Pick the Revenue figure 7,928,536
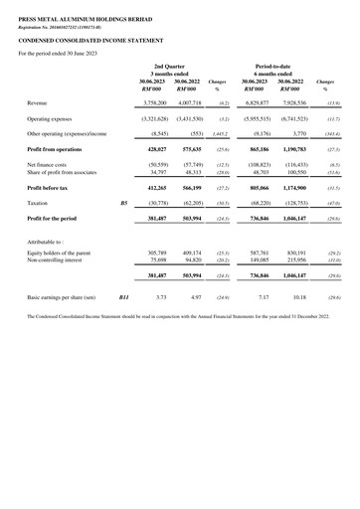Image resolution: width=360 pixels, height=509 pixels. pos(289,102)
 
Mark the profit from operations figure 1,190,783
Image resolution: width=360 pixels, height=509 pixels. pos(289,147)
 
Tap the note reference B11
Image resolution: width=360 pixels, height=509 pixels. pos(124,296)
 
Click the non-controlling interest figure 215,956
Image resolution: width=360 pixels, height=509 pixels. pos(291,261)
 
